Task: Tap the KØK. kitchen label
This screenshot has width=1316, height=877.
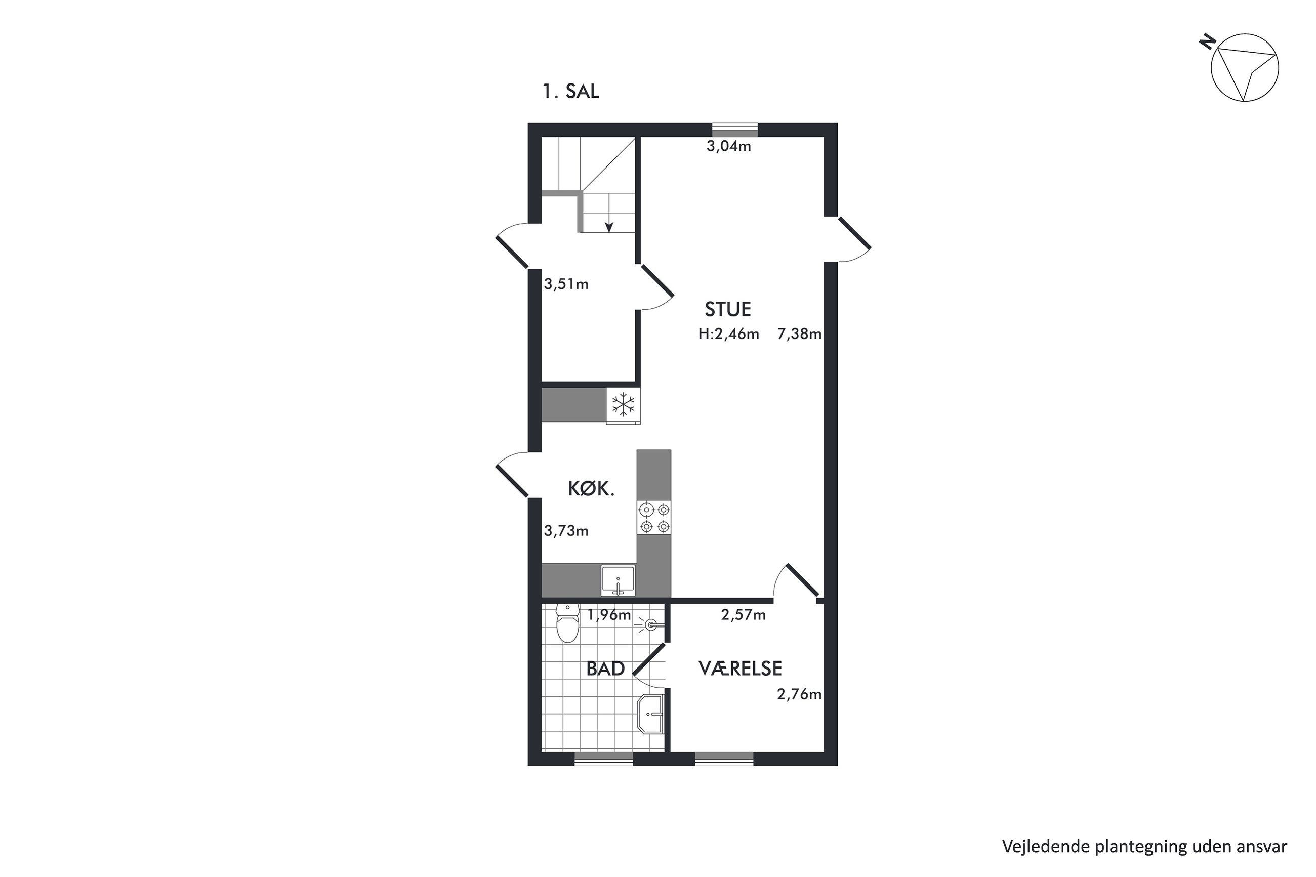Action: click(591, 489)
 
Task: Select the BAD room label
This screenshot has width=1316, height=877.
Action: click(605, 669)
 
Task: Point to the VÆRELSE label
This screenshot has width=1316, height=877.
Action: click(740, 669)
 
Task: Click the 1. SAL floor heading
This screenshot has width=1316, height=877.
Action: click(570, 91)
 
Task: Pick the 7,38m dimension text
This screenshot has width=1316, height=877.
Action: click(799, 335)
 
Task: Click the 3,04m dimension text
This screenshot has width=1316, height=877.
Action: click(729, 147)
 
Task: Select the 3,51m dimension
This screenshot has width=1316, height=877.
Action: click(566, 284)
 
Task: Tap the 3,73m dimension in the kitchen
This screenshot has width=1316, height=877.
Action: click(566, 531)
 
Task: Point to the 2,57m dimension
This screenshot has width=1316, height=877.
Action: click(744, 615)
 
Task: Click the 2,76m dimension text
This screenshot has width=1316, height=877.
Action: click(799, 695)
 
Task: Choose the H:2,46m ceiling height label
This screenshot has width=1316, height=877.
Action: click(729, 335)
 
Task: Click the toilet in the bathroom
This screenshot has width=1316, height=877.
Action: click(568, 622)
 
